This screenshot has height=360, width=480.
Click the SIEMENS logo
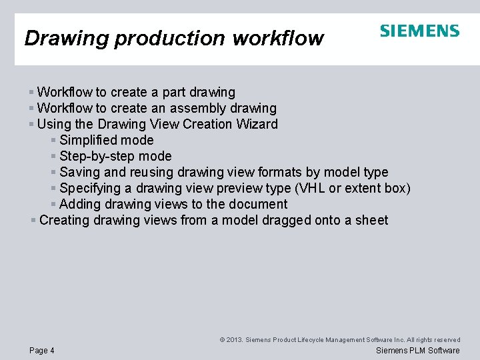419,31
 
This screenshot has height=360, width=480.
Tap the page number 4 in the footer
52,351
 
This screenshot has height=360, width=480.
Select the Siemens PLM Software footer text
418,351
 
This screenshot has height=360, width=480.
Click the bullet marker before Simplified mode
53,140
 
